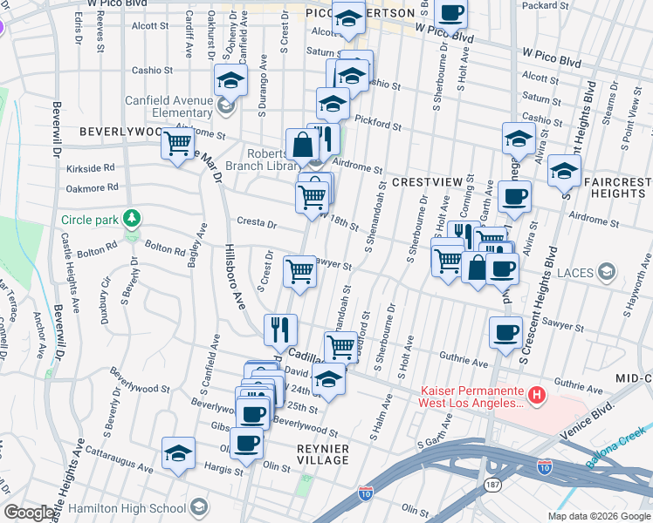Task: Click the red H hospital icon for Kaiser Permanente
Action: click(x=537, y=396)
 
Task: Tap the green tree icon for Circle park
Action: click(x=132, y=217)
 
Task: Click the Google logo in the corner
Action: click(x=31, y=513)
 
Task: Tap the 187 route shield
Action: click(x=495, y=482)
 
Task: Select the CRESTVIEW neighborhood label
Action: click(x=425, y=181)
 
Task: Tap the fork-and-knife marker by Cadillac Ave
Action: click(x=280, y=329)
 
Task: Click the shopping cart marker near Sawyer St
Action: click(x=300, y=271)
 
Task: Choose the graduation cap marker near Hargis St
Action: click(x=178, y=453)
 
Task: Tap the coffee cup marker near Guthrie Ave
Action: click(x=505, y=332)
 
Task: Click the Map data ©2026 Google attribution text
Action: click(x=598, y=516)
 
